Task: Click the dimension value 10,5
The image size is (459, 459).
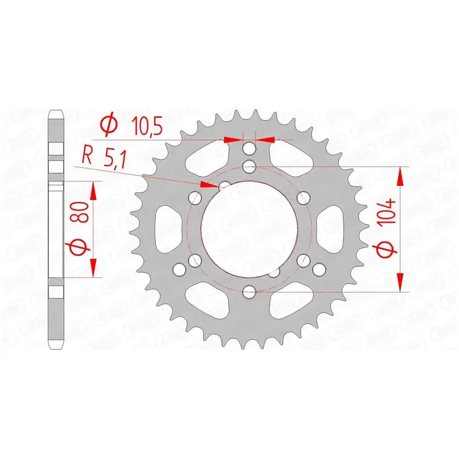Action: click(147, 126)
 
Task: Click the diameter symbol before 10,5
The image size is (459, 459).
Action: click(108, 125)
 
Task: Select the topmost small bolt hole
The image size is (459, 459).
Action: click(249, 149)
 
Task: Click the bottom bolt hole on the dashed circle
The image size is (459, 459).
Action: click(249, 292)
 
